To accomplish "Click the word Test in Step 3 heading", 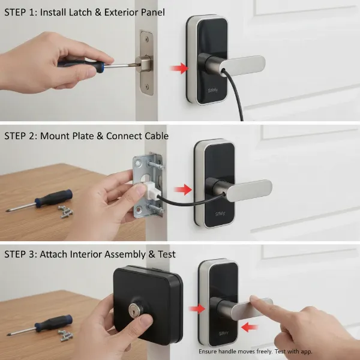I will pos(165,254).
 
